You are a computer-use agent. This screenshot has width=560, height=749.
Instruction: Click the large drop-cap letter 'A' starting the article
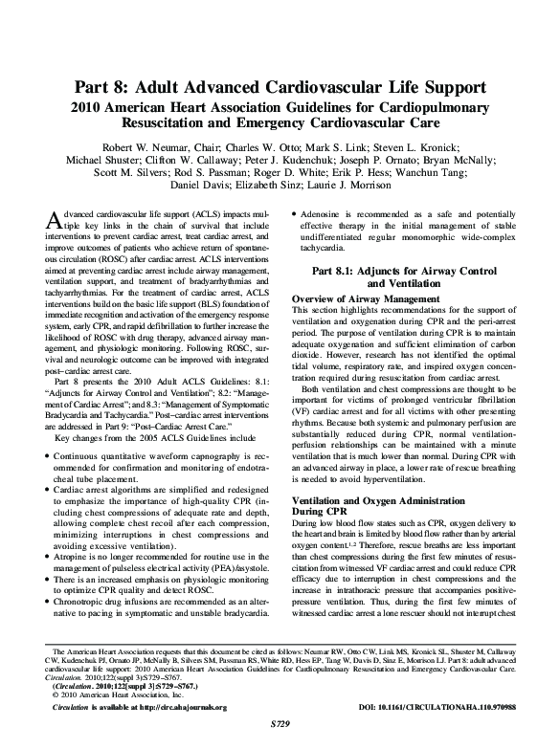[54, 220]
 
